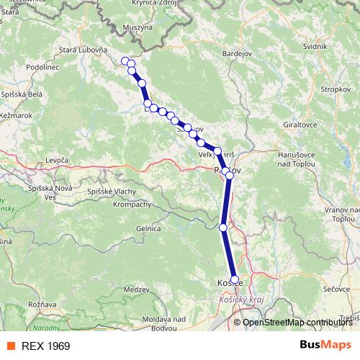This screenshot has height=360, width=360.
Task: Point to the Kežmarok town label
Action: coord(17,114)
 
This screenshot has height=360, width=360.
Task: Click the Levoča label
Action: coord(56,159)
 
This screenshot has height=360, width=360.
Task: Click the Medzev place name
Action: coord(135,289)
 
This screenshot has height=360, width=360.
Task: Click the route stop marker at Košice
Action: coord(234,279)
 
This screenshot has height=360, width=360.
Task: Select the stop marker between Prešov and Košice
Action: coord(223,228)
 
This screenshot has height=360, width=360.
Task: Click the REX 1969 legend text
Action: coord(46,346)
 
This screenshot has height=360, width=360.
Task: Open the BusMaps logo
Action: coord(325,345)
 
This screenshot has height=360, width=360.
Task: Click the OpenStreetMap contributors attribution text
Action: coord(297,322)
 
